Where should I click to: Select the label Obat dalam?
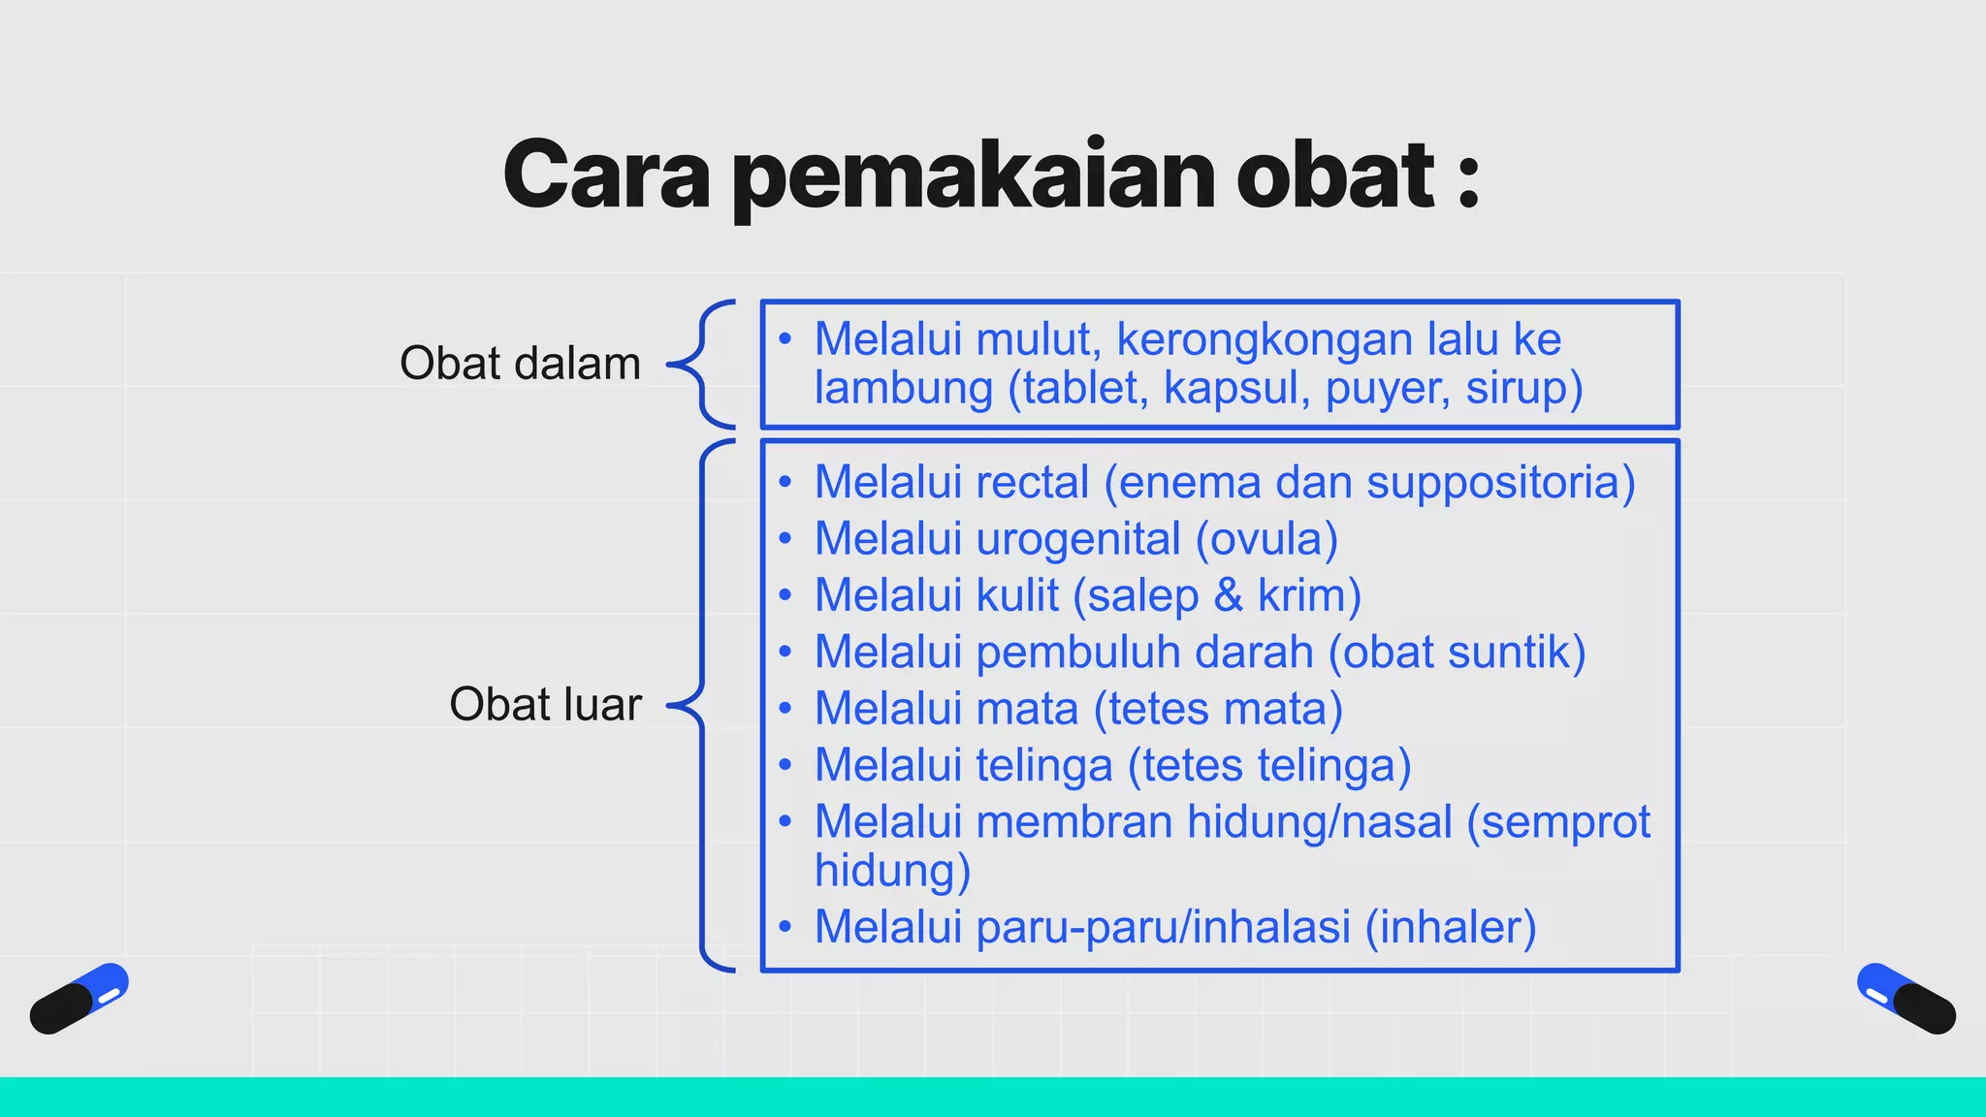(x=520, y=364)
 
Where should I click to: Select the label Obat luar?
(x=545, y=704)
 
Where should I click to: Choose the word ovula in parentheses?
(x=1267, y=539)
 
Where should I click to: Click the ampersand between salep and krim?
(x=1228, y=594)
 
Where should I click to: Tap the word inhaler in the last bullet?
(x=1450, y=927)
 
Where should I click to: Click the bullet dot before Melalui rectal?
(x=785, y=482)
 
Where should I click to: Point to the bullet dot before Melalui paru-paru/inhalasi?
(x=785, y=927)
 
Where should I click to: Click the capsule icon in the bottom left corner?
(x=80, y=998)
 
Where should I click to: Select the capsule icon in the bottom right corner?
(x=1906, y=998)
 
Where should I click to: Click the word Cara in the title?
(x=606, y=176)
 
